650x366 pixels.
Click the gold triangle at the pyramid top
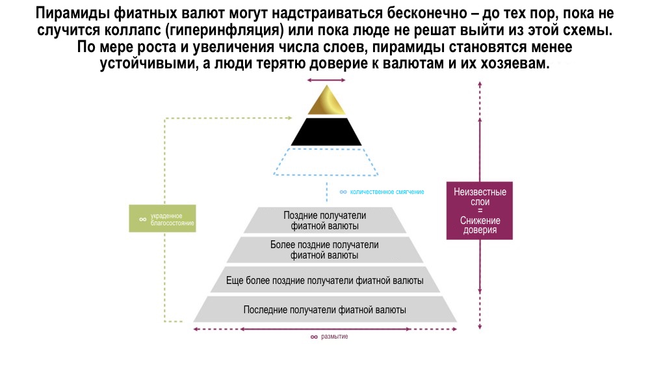(x=326, y=103)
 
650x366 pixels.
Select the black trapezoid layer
(x=326, y=133)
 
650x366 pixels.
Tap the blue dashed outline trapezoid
(x=326, y=162)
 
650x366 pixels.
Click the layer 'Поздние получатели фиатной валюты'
(x=325, y=221)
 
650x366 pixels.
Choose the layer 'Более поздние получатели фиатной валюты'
(x=324, y=250)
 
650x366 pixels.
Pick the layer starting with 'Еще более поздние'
(x=324, y=280)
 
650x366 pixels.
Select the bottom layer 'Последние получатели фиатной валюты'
(x=324, y=309)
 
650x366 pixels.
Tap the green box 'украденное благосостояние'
(x=162, y=219)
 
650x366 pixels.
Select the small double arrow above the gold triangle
(x=326, y=80)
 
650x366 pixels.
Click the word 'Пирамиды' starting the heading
(x=69, y=14)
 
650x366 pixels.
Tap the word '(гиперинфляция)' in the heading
(x=244, y=31)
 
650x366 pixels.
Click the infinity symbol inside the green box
(x=142, y=219)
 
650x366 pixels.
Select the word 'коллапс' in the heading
(x=157, y=31)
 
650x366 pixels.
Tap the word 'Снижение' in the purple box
(x=480, y=221)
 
